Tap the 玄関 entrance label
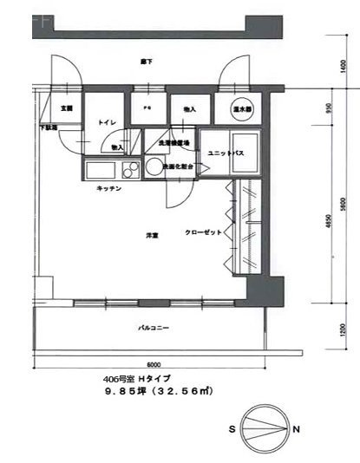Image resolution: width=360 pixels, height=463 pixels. coord(66,110)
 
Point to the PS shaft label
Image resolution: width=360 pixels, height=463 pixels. coord(146,110)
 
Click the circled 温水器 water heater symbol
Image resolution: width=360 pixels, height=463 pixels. coord(242,110)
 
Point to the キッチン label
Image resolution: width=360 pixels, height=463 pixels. coord(108,189)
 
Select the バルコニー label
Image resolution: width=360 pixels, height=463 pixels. coord(153,329)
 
